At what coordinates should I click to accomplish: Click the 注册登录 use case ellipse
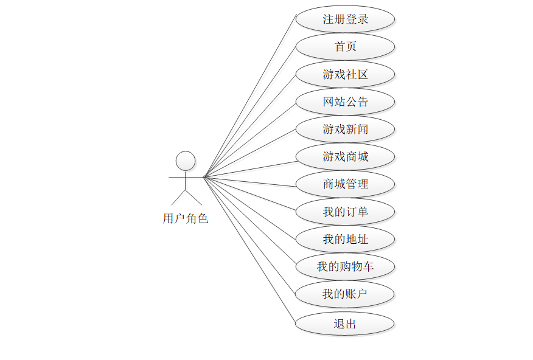pos(345,19)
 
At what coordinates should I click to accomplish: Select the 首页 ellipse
pos(345,47)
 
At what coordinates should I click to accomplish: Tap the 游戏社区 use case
pos(345,74)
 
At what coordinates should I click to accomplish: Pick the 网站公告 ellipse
pos(345,102)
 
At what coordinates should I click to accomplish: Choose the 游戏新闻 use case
pos(345,129)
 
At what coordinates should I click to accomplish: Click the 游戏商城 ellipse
pos(345,157)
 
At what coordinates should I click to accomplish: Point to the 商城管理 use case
pos(345,184)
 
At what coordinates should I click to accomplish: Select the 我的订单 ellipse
pos(345,212)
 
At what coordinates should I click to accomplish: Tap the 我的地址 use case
pos(345,239)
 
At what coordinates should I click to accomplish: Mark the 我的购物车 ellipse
pos(345,266)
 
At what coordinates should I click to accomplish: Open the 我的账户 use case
pos(345,294)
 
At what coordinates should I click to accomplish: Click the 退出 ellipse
pos(345,324)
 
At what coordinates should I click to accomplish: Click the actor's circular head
pos(186,161)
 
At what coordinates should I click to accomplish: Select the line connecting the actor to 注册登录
pos(249,95)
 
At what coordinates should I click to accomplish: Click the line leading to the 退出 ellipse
pos(249,250)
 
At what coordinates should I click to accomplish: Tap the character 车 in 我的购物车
pos(368,266)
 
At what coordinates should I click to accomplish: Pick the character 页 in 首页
pos(351,47)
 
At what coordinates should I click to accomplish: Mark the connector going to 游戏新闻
pos(249,153)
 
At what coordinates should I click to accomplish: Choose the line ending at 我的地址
pos(249,208)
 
